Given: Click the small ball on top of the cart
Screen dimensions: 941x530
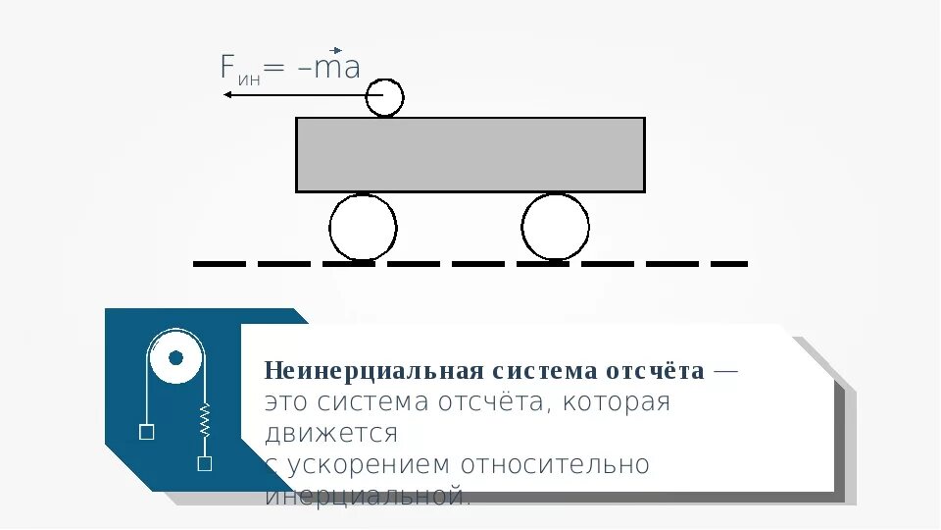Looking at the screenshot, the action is (x=385, y=97).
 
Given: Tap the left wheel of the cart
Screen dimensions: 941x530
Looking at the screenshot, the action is (x=363, y=228).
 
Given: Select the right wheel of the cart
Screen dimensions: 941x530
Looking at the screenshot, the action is (x=555, y=228).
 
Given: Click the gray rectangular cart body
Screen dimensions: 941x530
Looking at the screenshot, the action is (x=470, y=154).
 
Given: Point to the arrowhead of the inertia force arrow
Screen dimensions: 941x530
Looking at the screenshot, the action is (x=227, y=95).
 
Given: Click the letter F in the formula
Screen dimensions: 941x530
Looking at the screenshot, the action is (x=227, y=68).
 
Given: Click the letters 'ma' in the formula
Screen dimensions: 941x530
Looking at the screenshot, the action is (x=339, y=69).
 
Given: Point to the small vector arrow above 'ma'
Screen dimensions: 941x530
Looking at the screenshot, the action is (x=335, y=50).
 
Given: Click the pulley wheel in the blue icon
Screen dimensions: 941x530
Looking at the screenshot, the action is (x=175, y=357).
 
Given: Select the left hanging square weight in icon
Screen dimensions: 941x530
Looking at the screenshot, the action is (x=146, y=431).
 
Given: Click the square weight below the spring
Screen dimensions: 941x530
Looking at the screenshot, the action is (x=205, y=464).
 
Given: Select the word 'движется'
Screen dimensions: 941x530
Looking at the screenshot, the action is (x=331, y=433).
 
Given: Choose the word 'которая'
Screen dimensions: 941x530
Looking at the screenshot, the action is (x=615, y=402).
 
